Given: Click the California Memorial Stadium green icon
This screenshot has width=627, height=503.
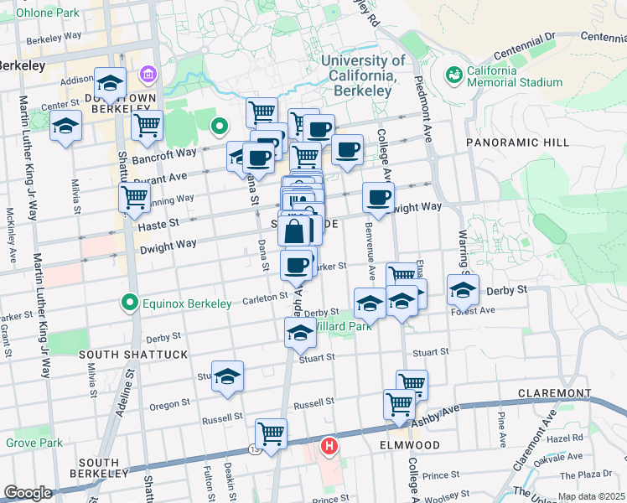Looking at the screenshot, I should click(x=455, y=75).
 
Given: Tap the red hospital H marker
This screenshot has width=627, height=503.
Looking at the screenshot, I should click(x=329, y=445).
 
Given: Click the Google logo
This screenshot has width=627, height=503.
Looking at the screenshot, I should click(x=28, y=492).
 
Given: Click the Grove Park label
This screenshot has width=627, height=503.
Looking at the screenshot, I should click(x=34, y=443).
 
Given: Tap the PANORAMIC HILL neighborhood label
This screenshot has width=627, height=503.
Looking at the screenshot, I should click(x=510, y=143).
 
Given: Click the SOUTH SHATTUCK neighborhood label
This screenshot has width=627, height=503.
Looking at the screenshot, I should click(x=133, y=355).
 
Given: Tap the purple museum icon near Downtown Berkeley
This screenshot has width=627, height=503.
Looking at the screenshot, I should click(x=149, y=76).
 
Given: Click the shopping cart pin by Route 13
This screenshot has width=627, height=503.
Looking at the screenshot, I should click(x=271, y=434).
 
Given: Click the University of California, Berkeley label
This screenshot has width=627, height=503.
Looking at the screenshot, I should click(x=363, y=75).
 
